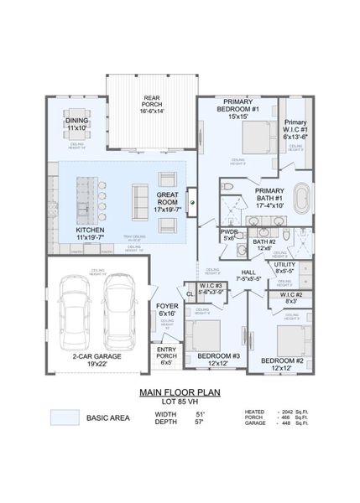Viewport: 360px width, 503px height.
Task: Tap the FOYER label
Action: click(167, 309)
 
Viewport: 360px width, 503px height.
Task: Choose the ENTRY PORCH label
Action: click(167, 353)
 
